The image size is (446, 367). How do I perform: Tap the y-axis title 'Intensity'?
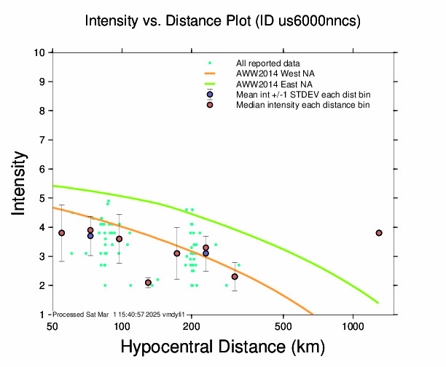tap(20, 183)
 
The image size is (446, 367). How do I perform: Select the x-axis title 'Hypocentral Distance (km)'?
tap(222, 347)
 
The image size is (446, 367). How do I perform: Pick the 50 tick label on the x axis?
tap(52, 325)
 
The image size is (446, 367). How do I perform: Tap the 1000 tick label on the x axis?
tap(353, 325)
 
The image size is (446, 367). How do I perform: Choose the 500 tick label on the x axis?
tap(283, 325)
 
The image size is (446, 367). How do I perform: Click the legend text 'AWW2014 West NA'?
tap(270, 74)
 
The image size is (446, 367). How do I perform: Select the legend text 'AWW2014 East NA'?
tap(270, 84)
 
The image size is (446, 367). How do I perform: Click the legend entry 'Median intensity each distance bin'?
tap(302, 106)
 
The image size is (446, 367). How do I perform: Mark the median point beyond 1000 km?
tap(379, 233)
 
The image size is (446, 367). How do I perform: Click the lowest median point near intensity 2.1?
tap(148, 283)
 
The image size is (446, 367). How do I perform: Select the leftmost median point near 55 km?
tap(62, 233)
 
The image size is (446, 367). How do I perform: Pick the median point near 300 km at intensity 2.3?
tap(235, 277)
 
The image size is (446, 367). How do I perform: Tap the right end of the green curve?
tap(378, 303)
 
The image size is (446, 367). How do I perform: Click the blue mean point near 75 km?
tap(90, 236)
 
